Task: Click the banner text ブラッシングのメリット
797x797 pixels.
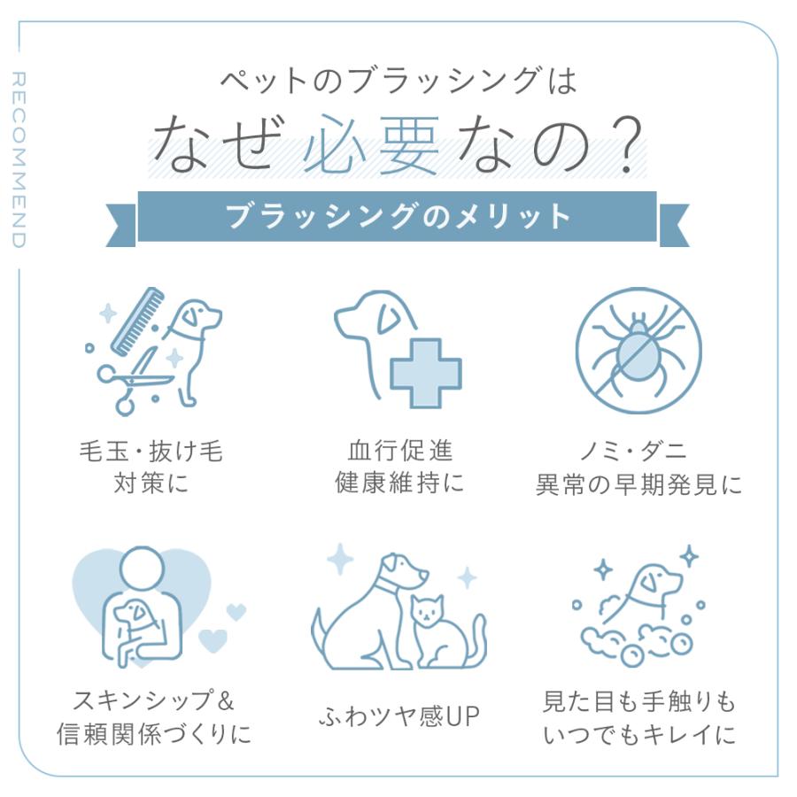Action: (398, 216)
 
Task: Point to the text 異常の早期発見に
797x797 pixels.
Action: (638, 485)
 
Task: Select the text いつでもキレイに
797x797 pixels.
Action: (638, 735)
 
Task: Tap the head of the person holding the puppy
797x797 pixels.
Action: (140, 567)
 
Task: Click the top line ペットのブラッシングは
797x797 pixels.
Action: (398, 82)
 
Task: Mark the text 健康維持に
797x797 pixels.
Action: (399, 484)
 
